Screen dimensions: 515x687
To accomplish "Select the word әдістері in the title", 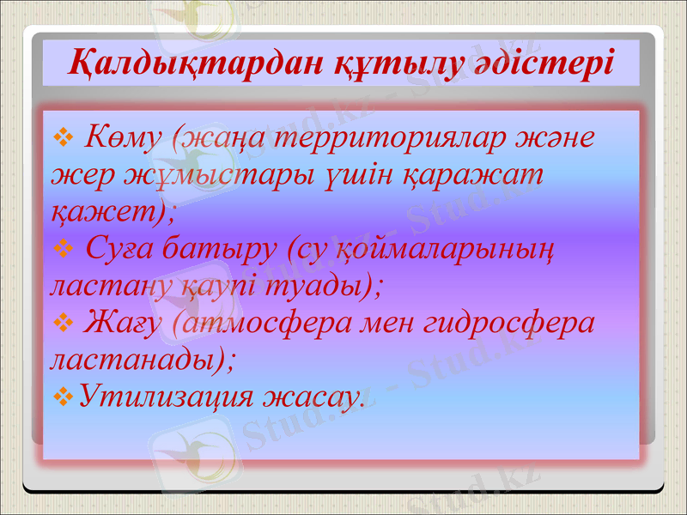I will (543, 63).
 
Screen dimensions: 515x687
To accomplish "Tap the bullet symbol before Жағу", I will (60, 323).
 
